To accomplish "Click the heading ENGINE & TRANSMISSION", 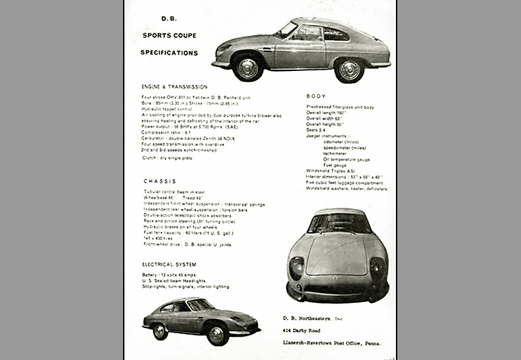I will (x=175, y=87).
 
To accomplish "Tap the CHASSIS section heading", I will (x=159, y=181).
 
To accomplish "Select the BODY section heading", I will (x=316, y=96).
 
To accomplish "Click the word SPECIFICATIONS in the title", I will (x=170, y=53).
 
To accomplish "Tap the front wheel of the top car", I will (x=247, y=68).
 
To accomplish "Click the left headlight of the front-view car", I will (x=296, y=266).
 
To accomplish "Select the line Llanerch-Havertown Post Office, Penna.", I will (x=333, y=342).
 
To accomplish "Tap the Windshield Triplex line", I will (x=331, y=171).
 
